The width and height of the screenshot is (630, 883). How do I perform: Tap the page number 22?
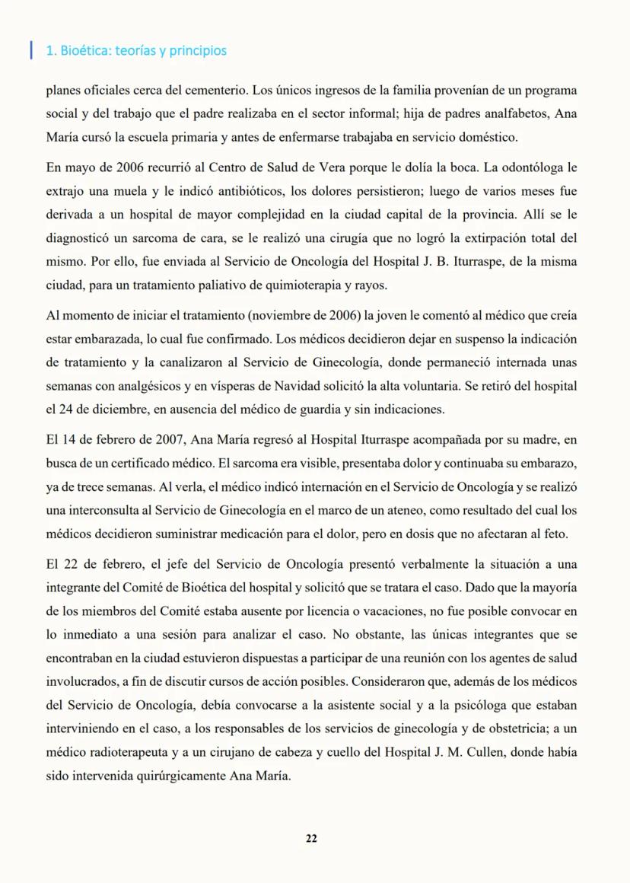(x=311, y=838)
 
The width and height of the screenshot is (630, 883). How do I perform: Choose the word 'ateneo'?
(x=419, y=510)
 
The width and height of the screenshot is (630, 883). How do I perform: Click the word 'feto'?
(x=556, y=534)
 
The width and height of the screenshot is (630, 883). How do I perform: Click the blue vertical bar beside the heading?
(x=31, y=50)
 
